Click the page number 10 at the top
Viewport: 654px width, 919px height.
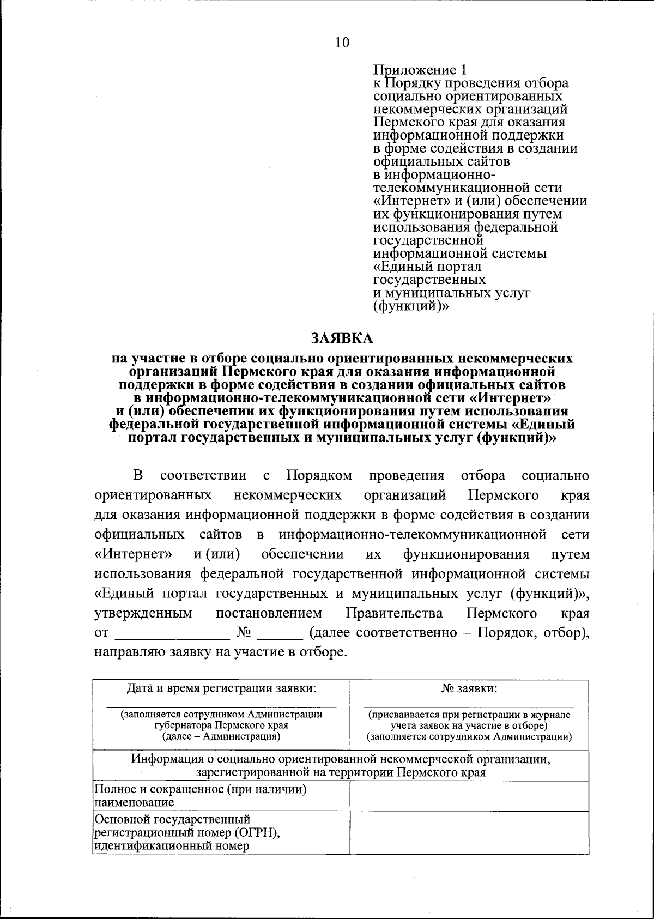coord(342,43)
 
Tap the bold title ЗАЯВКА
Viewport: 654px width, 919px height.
coord(342,338)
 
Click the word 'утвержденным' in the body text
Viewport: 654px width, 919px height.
coord(143,613)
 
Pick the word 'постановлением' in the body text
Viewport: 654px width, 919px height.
coord(269,613)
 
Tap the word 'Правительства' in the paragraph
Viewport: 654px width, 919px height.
coord(395,613)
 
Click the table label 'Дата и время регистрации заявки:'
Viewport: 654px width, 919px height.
coord(221,688)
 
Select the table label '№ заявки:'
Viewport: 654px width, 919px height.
coord(469,688)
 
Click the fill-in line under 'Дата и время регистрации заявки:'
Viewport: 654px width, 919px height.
coord(221,706)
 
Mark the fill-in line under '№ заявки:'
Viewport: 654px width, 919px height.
coord(469,706)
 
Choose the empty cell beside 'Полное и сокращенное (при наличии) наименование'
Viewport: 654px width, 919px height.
coord(469,796)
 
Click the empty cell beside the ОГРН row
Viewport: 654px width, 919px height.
coord(469,832)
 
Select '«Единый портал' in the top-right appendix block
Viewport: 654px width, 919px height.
coord(427,267)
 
